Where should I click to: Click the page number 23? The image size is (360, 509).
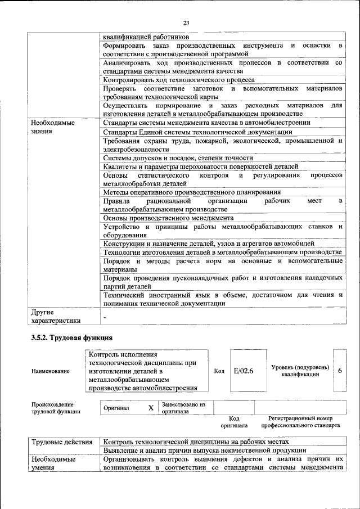point(186,22)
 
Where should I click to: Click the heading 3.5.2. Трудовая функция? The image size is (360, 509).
point(71,338)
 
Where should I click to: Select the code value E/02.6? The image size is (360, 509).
point(243,371)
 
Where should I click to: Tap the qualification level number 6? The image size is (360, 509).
point(340,371)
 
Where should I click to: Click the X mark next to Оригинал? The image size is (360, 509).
point(151,408)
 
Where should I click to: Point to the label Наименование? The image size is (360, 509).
point(51,371)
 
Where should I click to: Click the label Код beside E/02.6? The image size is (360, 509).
point(219,371)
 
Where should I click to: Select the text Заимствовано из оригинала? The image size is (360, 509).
point(183,408)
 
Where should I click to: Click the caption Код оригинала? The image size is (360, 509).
point(234,422)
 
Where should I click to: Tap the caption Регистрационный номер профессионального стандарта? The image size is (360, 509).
point(304,422)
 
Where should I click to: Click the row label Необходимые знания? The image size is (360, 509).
point(53,127)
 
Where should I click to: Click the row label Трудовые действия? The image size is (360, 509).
point(61,442)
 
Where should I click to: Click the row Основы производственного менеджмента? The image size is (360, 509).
point(168,218)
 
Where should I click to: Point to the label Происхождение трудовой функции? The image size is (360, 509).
point(56,408)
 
